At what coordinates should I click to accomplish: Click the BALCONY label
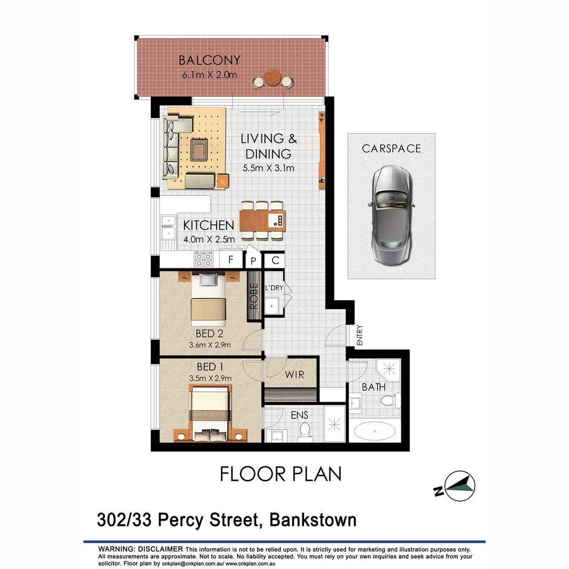point(209,60)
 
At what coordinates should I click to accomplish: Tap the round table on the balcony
point(273,78)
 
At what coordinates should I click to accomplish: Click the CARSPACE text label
point(391,149)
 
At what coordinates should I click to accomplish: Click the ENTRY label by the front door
point(360,336)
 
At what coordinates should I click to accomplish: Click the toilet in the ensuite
point(304,434)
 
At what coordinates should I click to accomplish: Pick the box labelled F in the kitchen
point(230,259)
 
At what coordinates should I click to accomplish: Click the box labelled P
point(253,260)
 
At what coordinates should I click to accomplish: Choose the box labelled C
point(274,260)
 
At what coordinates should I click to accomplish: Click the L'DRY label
point(273,288)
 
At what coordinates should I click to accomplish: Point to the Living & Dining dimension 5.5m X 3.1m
point(268,169)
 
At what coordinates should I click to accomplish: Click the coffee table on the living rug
point(199,150)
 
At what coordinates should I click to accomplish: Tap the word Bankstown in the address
point(313,520)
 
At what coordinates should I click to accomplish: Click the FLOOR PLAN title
point(280,474)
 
